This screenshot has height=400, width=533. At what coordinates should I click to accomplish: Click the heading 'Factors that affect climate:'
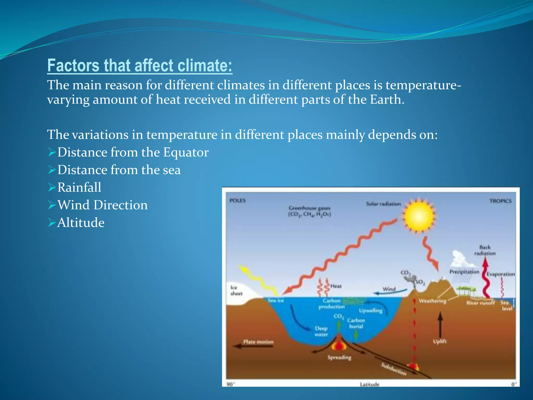140,65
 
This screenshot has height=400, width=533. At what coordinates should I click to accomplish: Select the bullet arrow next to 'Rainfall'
52,187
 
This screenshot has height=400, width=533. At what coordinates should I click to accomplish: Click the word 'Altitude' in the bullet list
81,223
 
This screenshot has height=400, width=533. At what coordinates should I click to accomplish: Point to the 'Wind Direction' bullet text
103,205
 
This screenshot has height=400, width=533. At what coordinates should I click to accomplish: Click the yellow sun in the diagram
418,216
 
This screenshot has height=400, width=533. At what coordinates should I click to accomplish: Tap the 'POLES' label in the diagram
237,200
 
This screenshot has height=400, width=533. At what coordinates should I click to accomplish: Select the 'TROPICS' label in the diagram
500,201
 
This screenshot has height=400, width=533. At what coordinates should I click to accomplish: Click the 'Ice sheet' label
236,290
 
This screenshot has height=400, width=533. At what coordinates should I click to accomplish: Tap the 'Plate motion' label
258,342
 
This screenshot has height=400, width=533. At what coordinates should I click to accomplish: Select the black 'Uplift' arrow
440,324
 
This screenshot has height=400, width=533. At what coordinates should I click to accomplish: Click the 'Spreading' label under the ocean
339,357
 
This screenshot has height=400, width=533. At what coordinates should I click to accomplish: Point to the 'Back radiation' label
485,250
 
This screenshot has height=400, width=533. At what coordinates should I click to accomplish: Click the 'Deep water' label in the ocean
321,331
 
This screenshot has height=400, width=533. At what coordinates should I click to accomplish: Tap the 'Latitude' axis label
370,384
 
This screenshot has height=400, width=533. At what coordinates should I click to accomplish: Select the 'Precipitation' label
464,272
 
